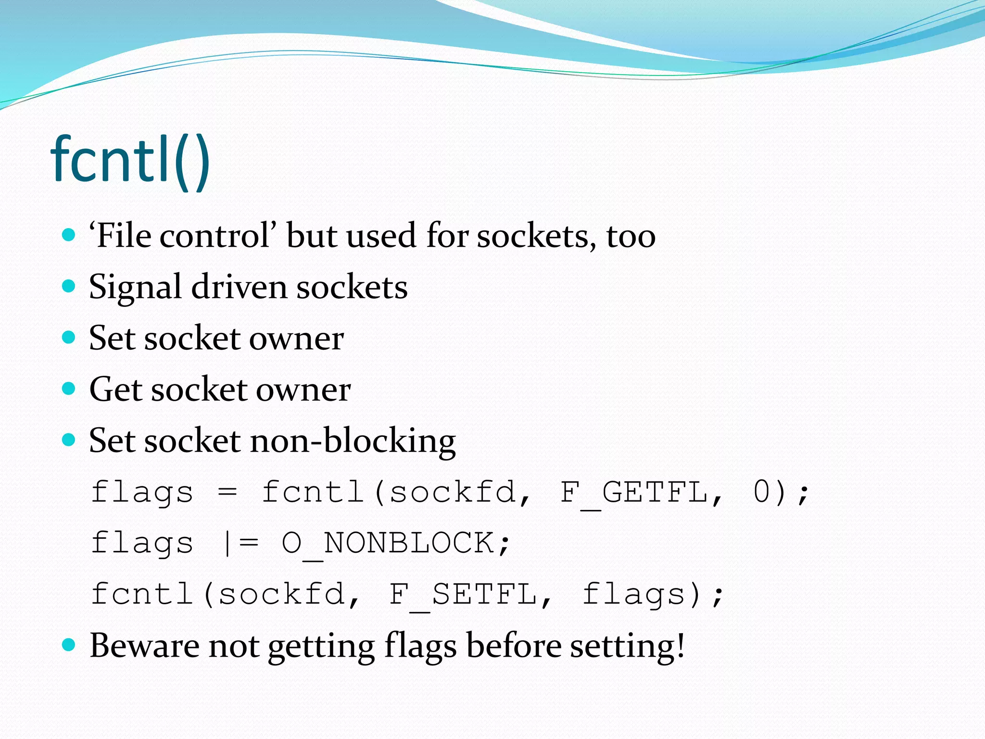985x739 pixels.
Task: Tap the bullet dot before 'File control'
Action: point(69,235)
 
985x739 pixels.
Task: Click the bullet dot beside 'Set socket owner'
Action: point(69,337)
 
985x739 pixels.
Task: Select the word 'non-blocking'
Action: point(353,441)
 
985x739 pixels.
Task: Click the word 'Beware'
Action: point(144,645)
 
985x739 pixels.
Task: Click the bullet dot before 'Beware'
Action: point(69,645)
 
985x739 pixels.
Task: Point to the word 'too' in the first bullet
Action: point(631,237)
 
